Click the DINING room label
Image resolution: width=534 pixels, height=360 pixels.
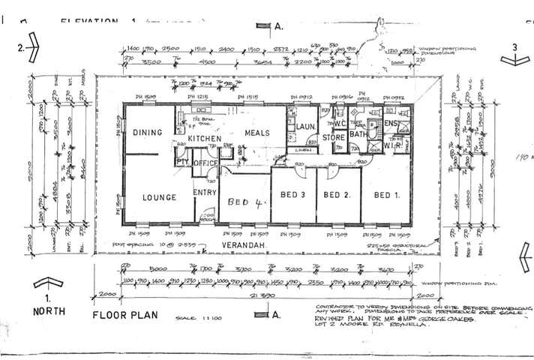tap(148, 133)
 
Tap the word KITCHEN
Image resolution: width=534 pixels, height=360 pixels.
tap(204, 139)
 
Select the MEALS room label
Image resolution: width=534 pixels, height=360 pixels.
tap(256, 133)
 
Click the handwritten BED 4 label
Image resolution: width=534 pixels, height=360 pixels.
tap(241, 201)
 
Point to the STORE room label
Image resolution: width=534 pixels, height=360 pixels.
tap(334, 138)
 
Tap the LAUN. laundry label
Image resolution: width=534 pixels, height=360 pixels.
tap(303, 127)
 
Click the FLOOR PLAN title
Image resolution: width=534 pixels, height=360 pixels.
tap(125, 315)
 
